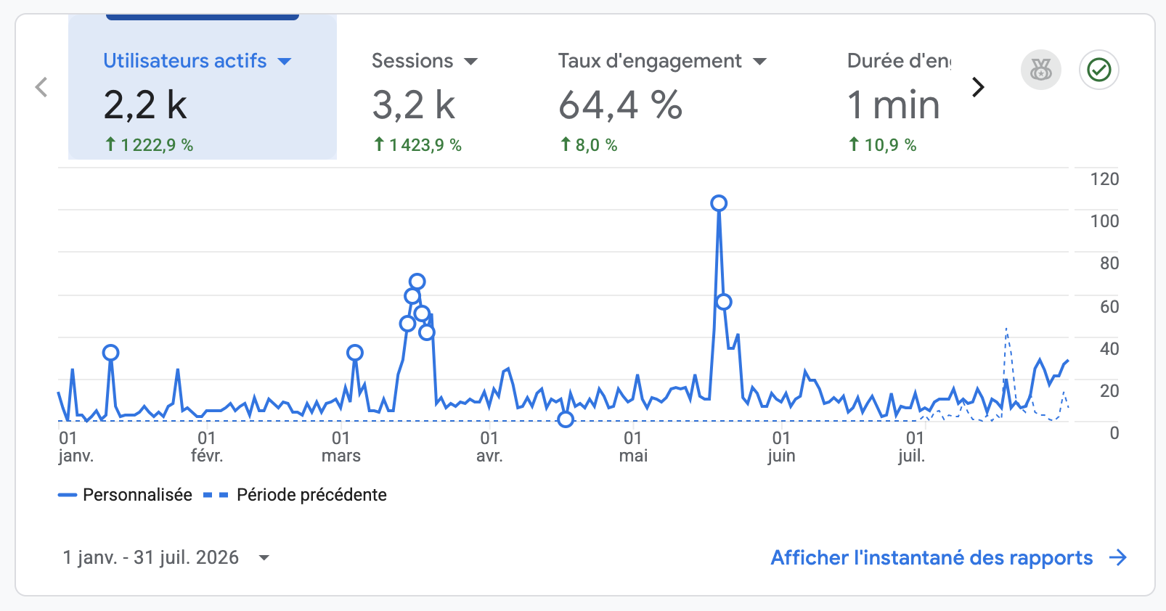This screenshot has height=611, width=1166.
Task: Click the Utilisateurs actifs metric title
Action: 185,61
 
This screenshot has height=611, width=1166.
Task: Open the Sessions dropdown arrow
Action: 470,62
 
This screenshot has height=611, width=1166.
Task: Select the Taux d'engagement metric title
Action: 650,61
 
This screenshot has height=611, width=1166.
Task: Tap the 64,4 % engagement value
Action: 620,105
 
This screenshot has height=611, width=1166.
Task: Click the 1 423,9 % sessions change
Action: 418,144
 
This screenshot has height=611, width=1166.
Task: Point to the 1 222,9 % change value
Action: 150,144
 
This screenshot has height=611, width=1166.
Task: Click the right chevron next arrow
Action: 978,87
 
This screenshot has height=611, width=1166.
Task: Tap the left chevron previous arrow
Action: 41,87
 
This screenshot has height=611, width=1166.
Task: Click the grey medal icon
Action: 1041,70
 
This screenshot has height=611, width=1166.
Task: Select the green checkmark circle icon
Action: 1099,70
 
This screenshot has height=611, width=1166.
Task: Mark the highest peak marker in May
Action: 719,203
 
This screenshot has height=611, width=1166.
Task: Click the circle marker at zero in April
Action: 566,419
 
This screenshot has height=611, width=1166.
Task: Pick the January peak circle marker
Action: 110,353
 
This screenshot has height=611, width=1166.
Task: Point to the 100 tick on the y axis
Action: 1104,221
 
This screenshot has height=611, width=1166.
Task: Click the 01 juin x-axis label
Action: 781,446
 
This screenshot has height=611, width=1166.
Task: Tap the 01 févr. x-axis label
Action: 207,446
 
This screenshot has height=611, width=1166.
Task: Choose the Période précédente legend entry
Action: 295,494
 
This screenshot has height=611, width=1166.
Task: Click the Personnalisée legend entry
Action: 125,494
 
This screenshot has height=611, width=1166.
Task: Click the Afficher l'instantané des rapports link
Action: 948,557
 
